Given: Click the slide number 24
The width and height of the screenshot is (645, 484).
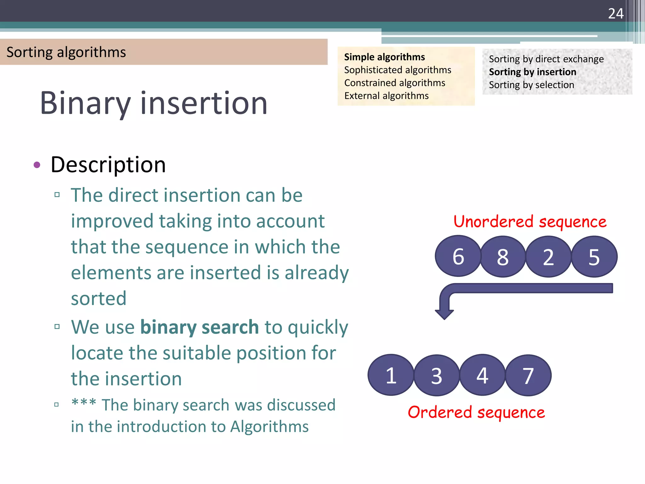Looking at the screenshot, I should [615, 14].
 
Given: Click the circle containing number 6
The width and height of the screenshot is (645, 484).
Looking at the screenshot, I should [458, 256].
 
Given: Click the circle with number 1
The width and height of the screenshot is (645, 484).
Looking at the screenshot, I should [391, 375].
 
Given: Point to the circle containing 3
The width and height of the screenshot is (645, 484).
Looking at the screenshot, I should [437, 375].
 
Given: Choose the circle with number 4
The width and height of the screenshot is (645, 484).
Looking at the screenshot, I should [482, 375].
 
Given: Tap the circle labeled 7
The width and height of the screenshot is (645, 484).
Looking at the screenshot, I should [528, 375].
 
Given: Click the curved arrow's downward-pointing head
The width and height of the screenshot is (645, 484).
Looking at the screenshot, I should [444, 314].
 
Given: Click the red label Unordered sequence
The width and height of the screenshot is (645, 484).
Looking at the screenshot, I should [530, 222].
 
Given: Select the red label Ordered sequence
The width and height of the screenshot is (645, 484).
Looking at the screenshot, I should [476, 412].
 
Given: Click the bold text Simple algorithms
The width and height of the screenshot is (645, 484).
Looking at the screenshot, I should [384, 57].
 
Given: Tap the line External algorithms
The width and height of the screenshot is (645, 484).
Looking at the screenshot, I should [386, 96].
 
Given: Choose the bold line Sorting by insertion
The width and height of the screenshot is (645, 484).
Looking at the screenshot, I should [532, 72].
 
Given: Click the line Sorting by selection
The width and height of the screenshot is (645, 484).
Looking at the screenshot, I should [531, 85].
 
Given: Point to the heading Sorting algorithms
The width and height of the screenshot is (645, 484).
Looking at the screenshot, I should [66, 52].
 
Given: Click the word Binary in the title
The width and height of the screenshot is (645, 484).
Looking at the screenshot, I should [85, 103].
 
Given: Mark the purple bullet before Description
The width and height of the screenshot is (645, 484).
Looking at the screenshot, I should [37, 165].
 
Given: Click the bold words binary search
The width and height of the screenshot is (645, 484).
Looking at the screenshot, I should [199, 327].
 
